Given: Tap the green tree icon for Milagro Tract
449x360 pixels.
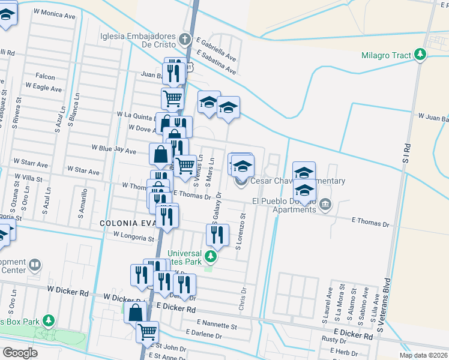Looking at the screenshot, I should click(420, 55).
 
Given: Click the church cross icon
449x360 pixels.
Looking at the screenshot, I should click(185, 41).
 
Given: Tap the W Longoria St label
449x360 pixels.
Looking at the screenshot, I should click(133, 238).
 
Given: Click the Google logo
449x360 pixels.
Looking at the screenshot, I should click(20, 352).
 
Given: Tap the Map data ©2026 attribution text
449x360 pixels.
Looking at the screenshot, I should click(423, 355).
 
